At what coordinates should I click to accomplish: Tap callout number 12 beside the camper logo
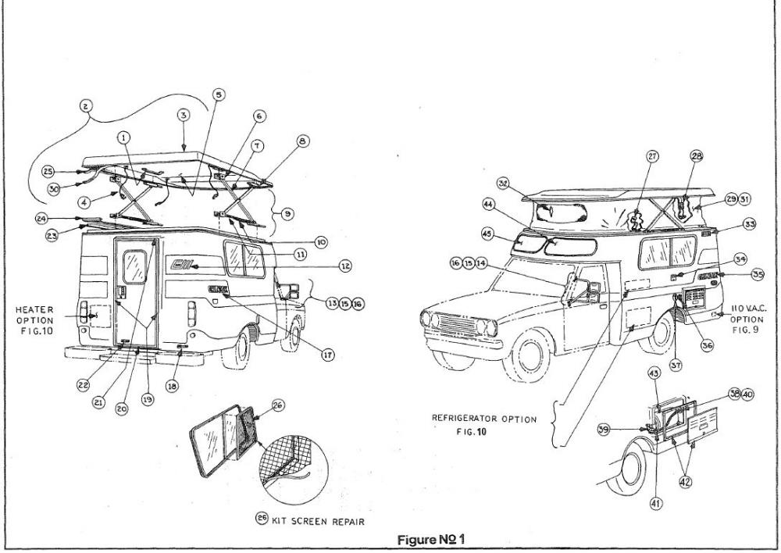(x=344, y=266)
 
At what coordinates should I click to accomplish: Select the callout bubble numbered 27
(x=652, y=156)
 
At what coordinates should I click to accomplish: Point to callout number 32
(x=505, y=184)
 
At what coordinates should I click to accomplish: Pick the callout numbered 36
(x=708, y=344)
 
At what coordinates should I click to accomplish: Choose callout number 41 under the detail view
(x=656, y=504)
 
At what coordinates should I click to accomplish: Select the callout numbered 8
(x=303, y=141)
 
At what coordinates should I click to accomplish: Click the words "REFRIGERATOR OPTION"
(x=484, y=419)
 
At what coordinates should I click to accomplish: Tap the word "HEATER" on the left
(x=34, y=309)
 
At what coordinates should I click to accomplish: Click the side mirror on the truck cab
(x=572, y=287)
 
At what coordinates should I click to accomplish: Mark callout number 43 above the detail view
(x=652, y=375)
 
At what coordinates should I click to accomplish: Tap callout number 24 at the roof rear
(x=43, y=219)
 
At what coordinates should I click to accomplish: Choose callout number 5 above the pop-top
(x=218, y=95)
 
